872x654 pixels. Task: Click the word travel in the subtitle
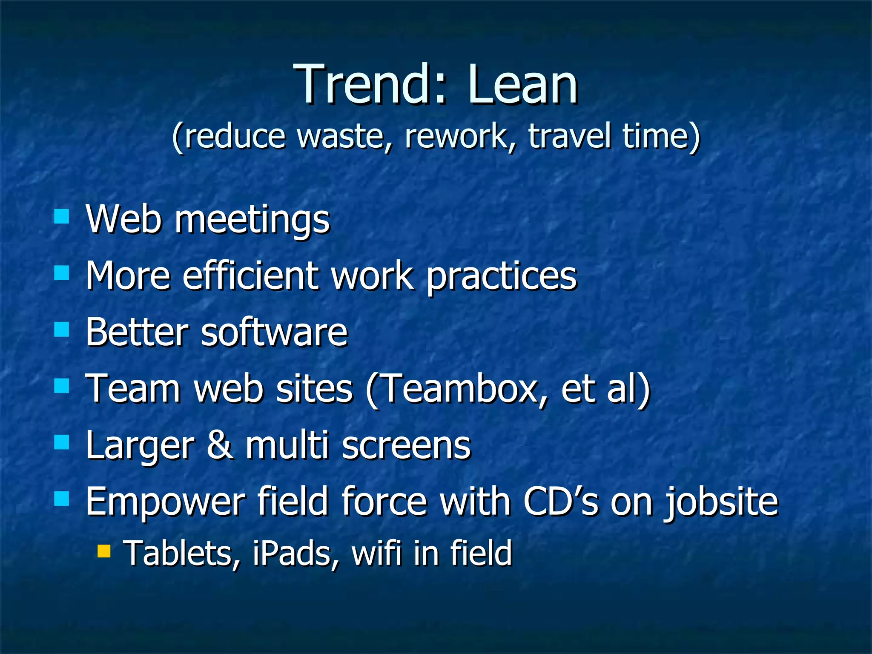(x=570, y=136)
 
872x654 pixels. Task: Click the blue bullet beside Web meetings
(x=62, y=216)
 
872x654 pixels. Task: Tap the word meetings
(x=252, y=220)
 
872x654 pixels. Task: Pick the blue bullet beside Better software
(x=62, y=329)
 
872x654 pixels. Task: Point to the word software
(x=274, y=332)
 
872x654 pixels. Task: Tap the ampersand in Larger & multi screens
(x=220, y=445)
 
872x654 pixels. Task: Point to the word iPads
(x=295, y=554)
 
